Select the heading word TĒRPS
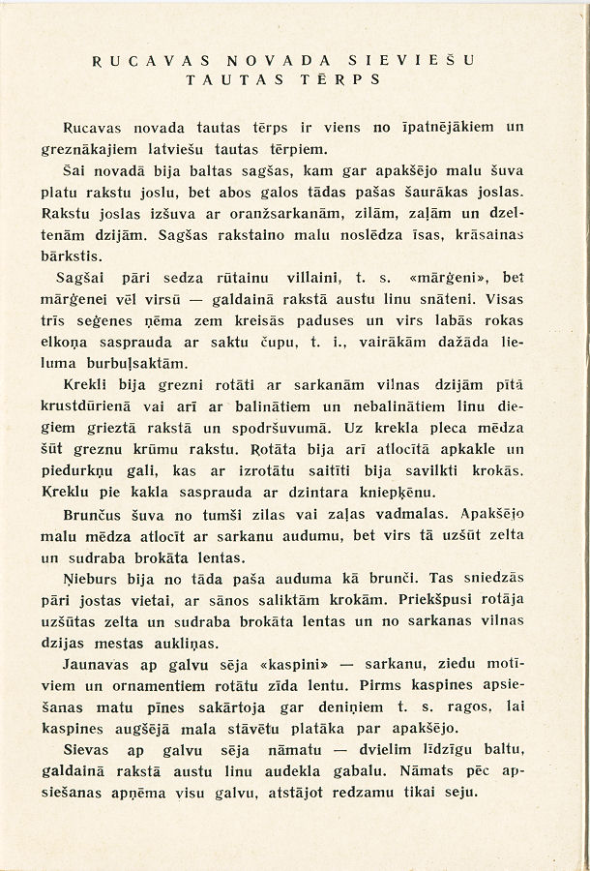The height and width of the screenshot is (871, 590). click(x=353, y=79)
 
